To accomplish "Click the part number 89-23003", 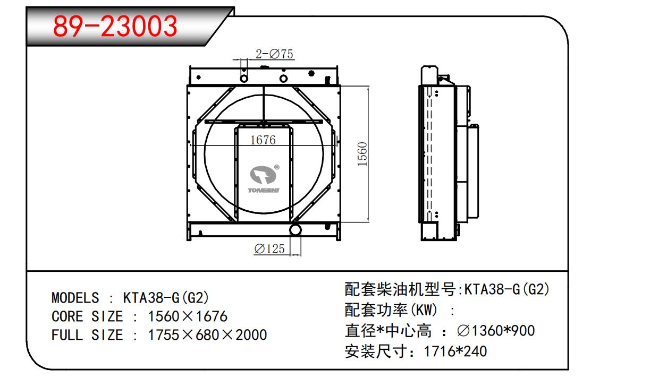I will (115, 26).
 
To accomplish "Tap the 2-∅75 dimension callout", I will (275, 54).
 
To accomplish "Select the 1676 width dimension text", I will (263, 140).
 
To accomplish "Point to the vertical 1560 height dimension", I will (362, 154).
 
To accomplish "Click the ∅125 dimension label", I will (269, 248).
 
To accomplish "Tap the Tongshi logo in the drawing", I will (264, 179).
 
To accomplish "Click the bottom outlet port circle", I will (295, 229).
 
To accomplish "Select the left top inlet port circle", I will (244, 79).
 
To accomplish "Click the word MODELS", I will (75, 297).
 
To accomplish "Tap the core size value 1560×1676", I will (187, 316).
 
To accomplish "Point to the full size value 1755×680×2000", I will (207, 335).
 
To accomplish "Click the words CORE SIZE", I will (87, 316).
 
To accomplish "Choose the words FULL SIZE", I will (87, 335).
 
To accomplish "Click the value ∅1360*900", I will (495, 331).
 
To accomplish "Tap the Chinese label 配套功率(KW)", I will (391, 310).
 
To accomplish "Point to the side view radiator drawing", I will (449, 153).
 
